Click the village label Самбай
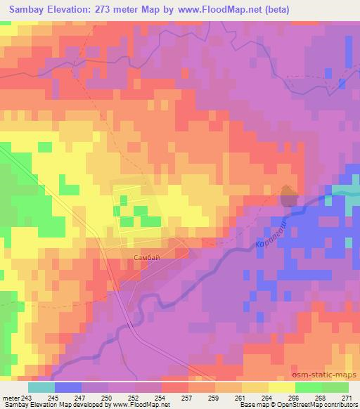click(x=146, y=258)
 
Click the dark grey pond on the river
click(x=288, y=197)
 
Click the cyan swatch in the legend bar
click(x=41, y=387)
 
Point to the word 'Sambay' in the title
click(x=32, y=11)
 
